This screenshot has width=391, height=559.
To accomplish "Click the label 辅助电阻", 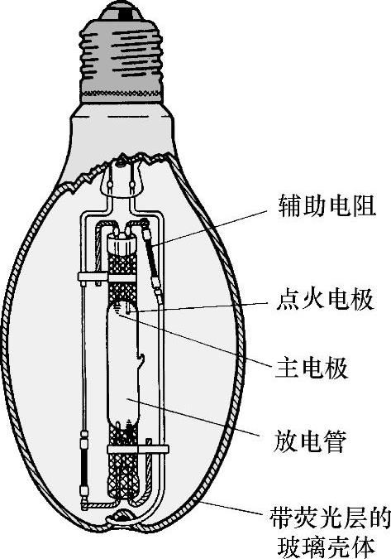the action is (x=327, y=205).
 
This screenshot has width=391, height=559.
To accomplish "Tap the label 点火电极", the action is (x=325, y=299).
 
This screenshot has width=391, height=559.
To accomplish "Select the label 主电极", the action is (x=312, y=368).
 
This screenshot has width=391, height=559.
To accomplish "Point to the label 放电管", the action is (x=310, y=441).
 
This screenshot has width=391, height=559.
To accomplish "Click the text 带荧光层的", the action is (x=330, y=518).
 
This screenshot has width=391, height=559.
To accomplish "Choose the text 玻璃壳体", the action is (x=326, y=546).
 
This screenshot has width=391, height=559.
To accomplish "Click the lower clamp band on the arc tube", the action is (x=138, y=449).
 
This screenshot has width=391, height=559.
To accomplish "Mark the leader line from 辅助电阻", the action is (x=209, y=228).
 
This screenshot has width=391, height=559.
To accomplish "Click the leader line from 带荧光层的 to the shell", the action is (x=232, y=508).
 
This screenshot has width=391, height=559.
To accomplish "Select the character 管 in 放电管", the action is (x=335, y=441).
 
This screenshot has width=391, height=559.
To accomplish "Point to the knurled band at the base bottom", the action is (x=121, y=94).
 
